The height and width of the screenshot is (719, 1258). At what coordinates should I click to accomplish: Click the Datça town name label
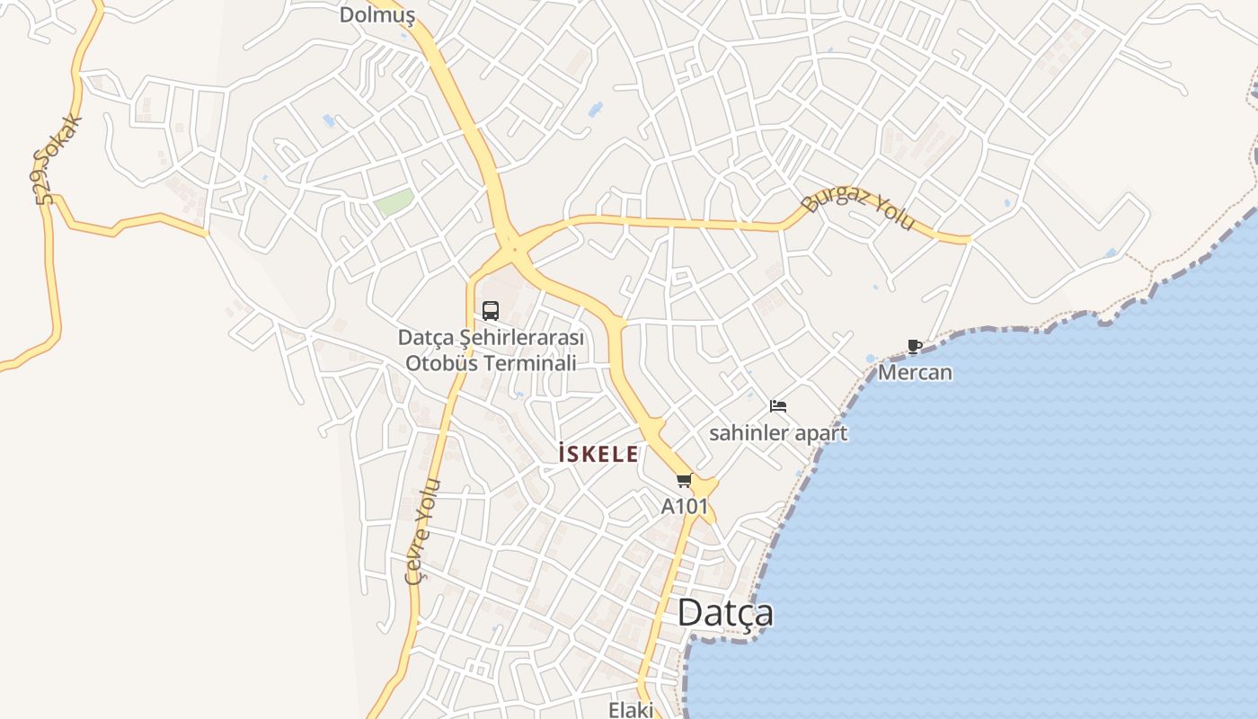(x=725, y=614)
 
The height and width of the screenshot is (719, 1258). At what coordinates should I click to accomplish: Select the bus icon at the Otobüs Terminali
(x=491, y=311)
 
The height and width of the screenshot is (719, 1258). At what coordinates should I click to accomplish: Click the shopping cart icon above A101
(x=685, y=481)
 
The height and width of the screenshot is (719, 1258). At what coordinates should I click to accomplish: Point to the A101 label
(x=685, y=507)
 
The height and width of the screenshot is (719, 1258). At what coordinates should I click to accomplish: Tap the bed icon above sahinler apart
(x=778, y=406)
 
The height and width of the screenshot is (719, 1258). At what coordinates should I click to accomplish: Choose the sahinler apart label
(x=778, y=433)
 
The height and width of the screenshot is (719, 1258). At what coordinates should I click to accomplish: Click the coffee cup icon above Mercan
(x=915, y=346)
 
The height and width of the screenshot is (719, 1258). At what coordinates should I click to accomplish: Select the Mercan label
(x=915, y=372)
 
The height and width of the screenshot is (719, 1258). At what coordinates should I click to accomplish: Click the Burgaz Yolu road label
(x=857, y=207)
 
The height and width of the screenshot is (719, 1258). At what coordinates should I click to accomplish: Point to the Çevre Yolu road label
(x=423, y=531)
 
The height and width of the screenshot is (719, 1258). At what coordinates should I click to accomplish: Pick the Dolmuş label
(x=377, y=15)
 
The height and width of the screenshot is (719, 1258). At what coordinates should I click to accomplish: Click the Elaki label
(x=631, y=709)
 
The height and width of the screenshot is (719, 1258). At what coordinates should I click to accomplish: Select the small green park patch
(x=394, y=201)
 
